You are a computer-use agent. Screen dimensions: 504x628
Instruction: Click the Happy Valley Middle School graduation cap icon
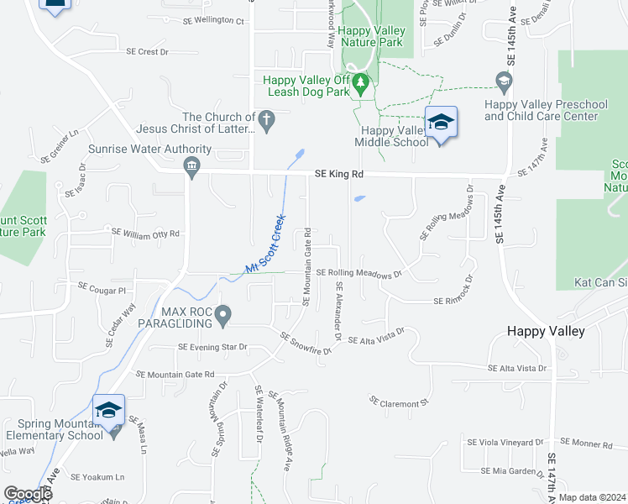point(441,123)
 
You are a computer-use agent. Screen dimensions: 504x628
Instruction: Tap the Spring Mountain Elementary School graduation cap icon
point(108,411)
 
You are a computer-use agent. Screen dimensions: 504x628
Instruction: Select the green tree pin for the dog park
point(361,84)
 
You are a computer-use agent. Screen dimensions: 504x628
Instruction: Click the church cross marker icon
point(267,121)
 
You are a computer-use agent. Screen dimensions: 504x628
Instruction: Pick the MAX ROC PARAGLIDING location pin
point(222,316)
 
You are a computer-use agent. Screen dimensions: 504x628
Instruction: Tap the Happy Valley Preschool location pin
point(505,82)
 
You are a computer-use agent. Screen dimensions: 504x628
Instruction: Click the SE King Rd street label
point(339,175)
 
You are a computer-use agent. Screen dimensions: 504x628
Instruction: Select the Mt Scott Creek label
point(266,244)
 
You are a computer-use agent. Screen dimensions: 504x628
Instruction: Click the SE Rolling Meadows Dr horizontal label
point(359,273)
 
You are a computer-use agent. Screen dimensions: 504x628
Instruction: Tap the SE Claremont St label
point(399,403)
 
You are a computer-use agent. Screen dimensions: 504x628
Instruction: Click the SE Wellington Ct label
point(212,20)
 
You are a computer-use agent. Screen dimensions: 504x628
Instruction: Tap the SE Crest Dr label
point(147,51)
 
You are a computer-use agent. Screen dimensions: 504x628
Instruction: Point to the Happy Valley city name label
point(546,331)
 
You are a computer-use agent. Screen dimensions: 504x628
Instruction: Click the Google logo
point(27,494)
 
